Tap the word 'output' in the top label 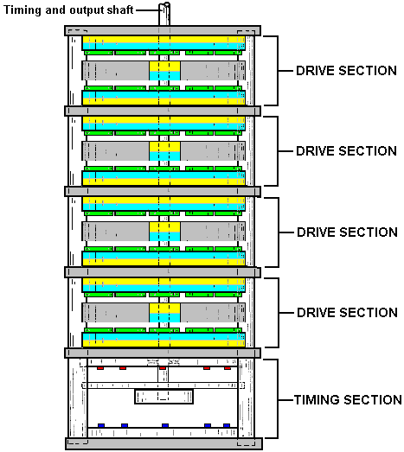point(87,10)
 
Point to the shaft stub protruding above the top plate point(164,14)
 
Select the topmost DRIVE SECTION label point(346,71)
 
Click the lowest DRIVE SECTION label point(347,313)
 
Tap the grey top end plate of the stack point(163,30)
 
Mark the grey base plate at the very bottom point(164,443)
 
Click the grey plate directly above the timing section point(163,353)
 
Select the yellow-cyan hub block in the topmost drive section point(164,71)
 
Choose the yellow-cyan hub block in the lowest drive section point(164,313)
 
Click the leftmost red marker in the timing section point(100,368)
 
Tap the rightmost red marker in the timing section point(228,368)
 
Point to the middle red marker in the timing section point(163,368)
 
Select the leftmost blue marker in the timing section point(101,425)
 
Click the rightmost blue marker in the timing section point(227,425)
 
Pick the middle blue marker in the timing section point(165,425)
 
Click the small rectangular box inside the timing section point(164,397)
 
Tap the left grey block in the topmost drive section point(115,71)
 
